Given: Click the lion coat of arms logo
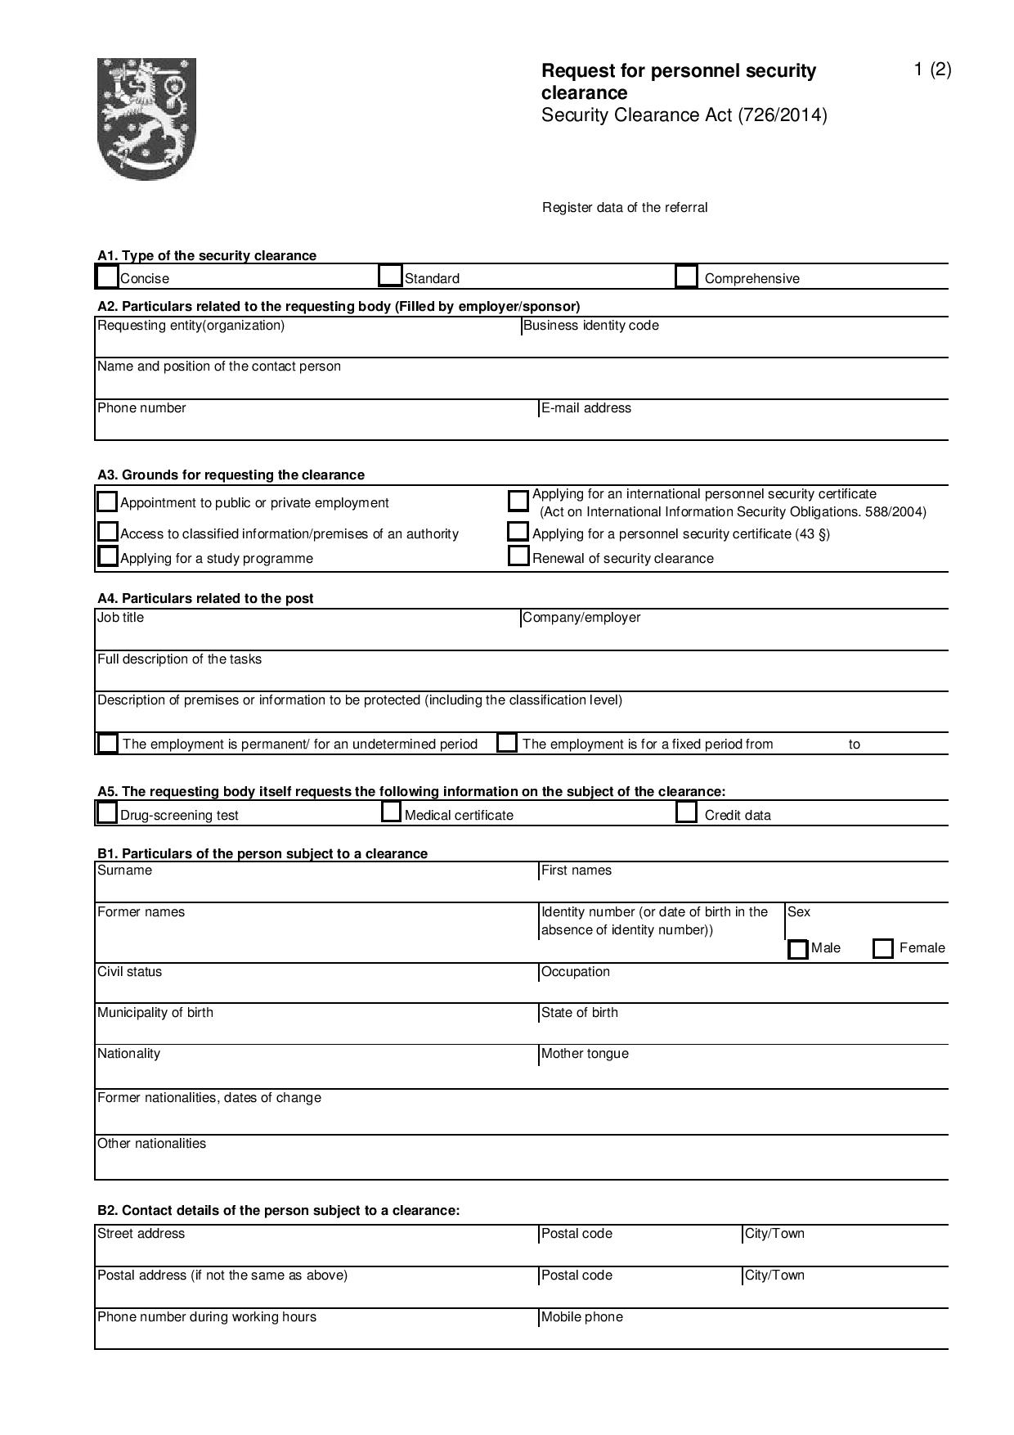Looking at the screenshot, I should point(146,118).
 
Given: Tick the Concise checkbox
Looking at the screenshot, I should point(107,277).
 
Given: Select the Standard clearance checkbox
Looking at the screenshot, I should point(391,276).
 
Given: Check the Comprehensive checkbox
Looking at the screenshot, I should point(686,277).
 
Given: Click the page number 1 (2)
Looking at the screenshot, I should point(932,70).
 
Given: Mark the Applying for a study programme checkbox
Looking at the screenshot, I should point(107,556).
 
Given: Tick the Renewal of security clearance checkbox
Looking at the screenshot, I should point(518,556).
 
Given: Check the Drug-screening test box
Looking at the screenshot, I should point(107,813).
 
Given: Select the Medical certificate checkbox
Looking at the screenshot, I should point(392,812).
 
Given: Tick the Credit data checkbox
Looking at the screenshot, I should point(687,812).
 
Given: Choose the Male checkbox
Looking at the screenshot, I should point(798,949).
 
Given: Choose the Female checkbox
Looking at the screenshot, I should point(883,949).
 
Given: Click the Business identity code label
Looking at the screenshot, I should point(590,326).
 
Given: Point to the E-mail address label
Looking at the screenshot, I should point(586,408).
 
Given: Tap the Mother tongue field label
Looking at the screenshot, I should point(585,1054).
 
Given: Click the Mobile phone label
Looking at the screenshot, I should point(581,1317).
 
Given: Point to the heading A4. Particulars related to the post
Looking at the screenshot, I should point(205,599).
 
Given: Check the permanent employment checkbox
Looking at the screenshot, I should point(108,744).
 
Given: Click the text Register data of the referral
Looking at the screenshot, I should point(625,208).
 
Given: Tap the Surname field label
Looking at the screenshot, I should point(124,870).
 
